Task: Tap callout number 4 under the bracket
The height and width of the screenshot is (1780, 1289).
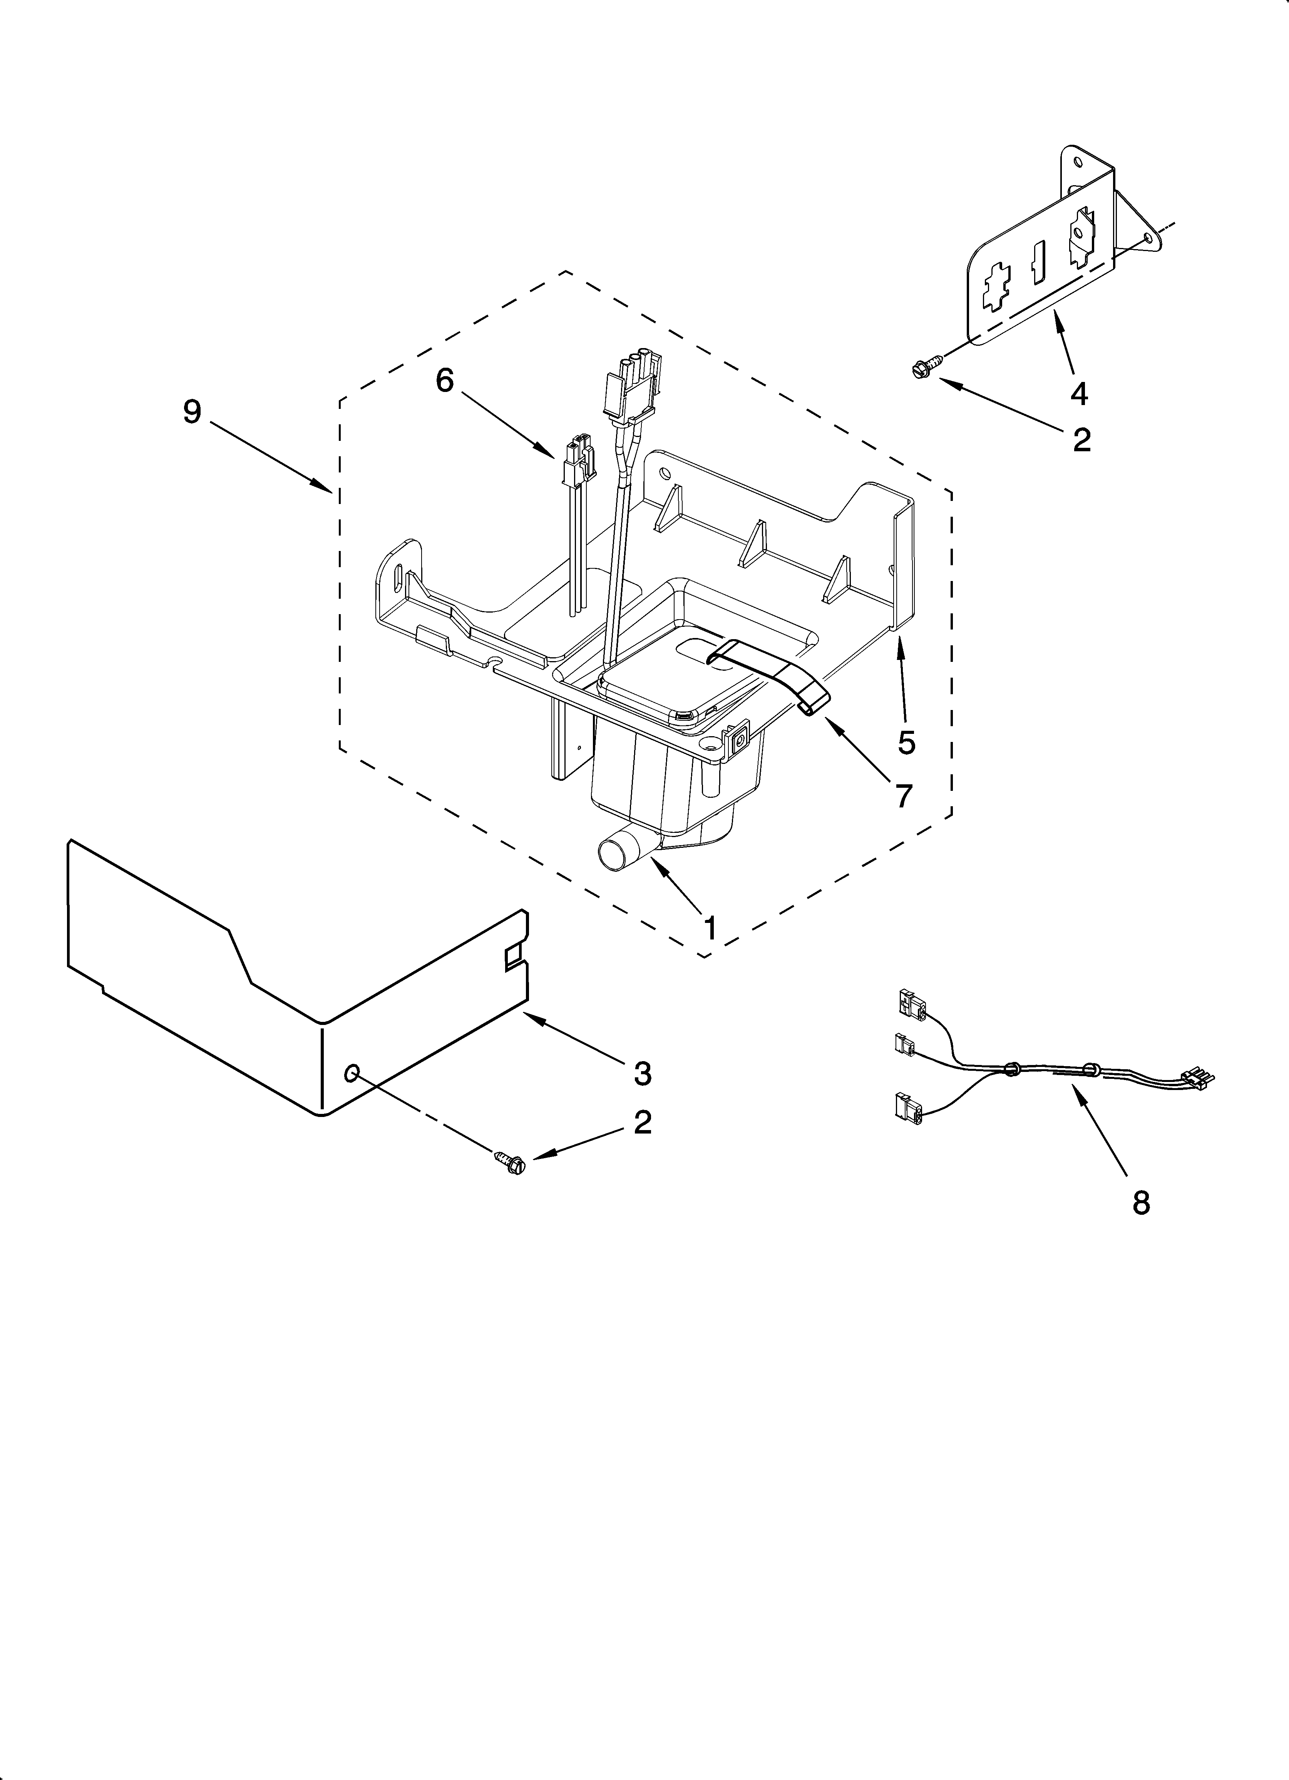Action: coord(1080,392)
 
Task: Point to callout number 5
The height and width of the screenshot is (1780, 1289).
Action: coord(907,742)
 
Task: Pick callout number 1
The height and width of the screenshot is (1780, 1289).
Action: coord(709,928)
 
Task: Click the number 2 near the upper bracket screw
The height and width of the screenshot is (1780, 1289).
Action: coord(1081,440)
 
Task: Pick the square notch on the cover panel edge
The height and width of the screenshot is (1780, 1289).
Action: coord(514,956)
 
